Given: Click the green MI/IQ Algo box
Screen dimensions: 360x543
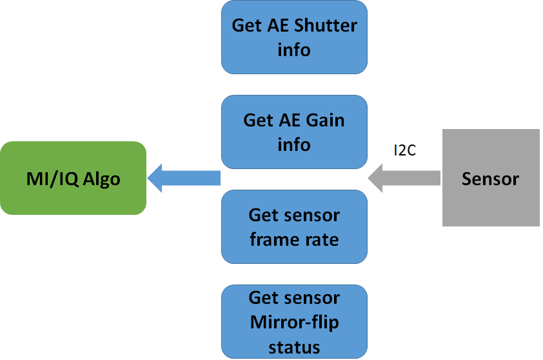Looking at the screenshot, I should [73, 178].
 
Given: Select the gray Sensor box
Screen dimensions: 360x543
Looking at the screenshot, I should [490, 178].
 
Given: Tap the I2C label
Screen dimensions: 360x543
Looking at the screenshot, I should [405, 150].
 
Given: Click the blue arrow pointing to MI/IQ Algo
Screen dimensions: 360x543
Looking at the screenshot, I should [184, 177].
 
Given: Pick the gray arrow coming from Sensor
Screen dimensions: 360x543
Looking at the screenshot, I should [404, 177].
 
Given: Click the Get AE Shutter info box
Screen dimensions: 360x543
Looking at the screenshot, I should [294, 37].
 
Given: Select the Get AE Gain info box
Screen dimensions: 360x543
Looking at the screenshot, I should [294, 132].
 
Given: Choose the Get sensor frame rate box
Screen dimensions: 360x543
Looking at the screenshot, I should [294, 227].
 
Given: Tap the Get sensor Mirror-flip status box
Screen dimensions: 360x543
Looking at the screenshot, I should [294, 322].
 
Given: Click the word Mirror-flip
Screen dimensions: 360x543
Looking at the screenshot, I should [294, 322].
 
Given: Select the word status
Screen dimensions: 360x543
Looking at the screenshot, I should [294, 346].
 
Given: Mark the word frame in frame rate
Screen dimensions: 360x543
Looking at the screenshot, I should [274, 239].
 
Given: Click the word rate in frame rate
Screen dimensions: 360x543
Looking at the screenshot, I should [322, 239].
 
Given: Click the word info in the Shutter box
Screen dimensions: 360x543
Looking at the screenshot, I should [294, 50].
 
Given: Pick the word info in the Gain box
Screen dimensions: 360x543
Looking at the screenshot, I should [294, 145].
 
